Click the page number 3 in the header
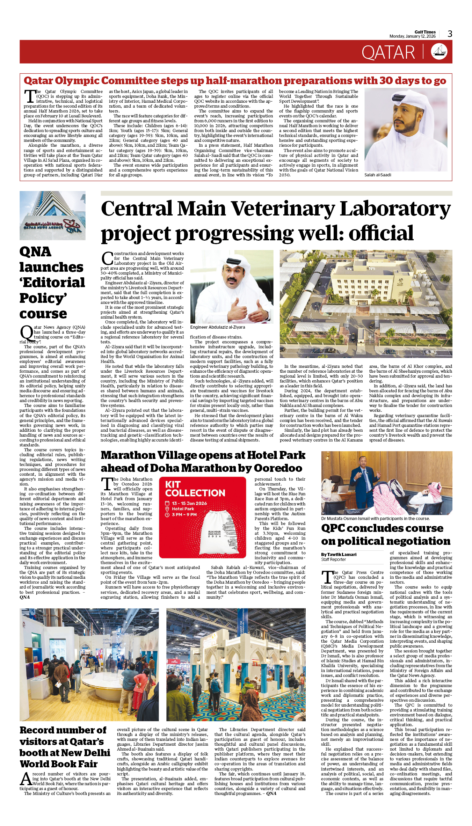click(450, 34)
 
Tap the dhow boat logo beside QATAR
click(439, 52)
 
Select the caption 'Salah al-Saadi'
click(378, 175)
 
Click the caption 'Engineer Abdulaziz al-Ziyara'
click(218, 327)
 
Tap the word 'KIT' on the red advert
click(173, 484)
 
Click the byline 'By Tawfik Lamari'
click(339, 555)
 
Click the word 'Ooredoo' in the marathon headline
click(278, 468)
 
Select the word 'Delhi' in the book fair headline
click(96, 753)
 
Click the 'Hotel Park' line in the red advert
click(183, 509)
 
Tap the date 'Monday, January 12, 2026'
click(412, 36)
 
